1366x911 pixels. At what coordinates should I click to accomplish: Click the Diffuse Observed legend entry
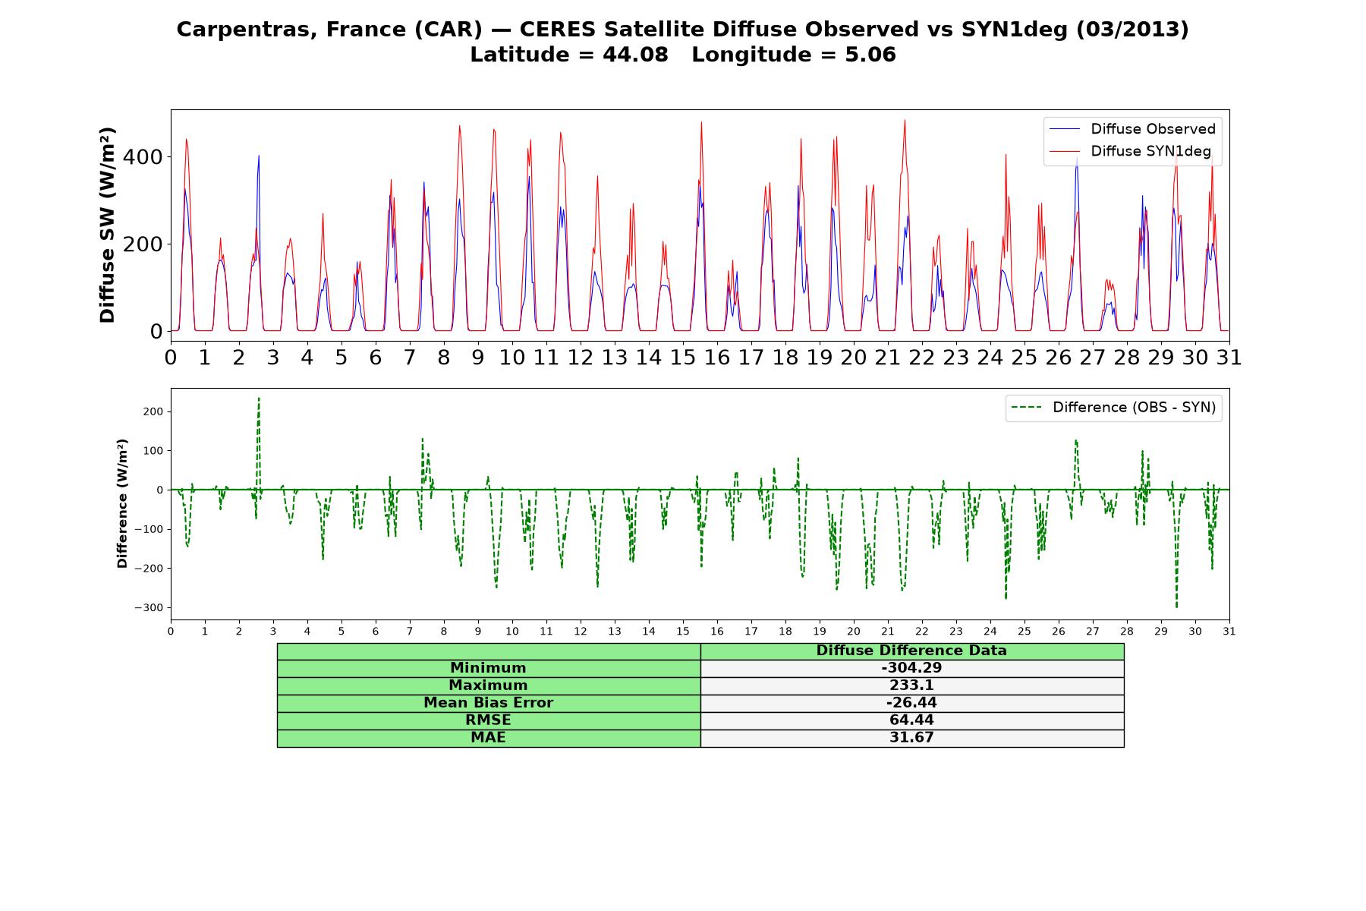1132,129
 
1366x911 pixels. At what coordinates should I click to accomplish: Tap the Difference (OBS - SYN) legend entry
1113,408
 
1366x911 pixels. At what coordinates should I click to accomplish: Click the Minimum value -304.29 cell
911,668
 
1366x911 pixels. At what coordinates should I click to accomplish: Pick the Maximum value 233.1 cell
911,686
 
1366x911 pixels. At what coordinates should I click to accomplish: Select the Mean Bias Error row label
488,703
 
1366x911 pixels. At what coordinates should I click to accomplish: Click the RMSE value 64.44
911,720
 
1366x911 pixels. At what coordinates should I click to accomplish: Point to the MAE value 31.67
911,737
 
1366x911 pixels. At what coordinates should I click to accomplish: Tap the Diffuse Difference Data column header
911,651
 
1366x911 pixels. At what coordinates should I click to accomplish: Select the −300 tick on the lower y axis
149,608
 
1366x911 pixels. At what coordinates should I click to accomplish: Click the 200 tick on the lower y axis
153,411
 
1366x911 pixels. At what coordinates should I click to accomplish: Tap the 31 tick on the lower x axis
1229,631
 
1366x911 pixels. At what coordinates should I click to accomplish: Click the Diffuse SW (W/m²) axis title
108,225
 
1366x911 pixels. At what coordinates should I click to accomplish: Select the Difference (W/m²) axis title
122,504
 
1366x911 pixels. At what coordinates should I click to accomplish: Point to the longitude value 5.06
870,55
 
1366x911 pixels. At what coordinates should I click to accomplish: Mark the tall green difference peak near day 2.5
259,399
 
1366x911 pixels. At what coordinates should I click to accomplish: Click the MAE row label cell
489,738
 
